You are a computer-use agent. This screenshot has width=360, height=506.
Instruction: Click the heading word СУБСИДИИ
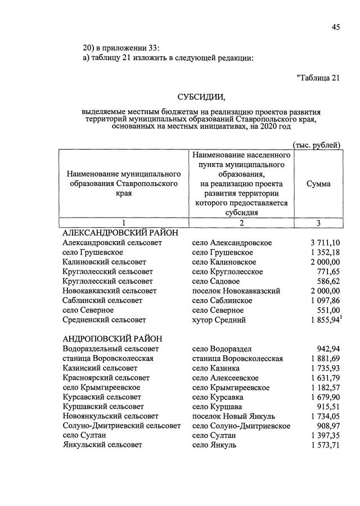(x=201, y=97)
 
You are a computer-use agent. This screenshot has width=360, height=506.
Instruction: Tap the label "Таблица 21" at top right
(x=318, y=78)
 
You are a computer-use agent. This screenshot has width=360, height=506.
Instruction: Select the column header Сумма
(x=318, y=184)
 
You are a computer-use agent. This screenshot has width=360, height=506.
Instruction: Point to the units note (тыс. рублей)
(x=317, y=145)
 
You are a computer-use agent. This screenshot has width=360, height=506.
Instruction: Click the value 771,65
(x=327, y=272)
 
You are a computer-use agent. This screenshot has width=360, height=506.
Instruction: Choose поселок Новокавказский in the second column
(x=236, y=291)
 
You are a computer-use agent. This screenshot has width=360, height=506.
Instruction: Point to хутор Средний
(x=219, y=320)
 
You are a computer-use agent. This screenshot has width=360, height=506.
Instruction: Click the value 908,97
(x=327, y=426)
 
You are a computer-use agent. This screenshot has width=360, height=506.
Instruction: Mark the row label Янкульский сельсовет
(x=102, y=445)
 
